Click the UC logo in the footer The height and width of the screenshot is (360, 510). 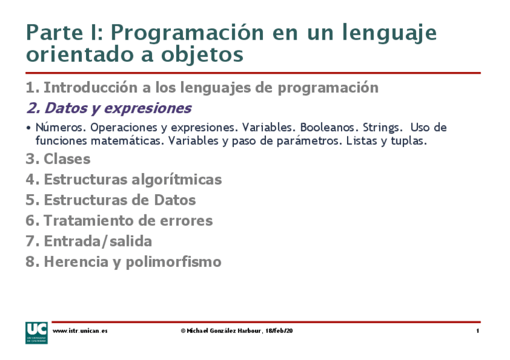pos(35,332)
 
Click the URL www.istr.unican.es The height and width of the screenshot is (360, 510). pos(80,331)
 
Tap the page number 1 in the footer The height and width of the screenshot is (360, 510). pos(477,331)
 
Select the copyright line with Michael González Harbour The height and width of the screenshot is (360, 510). pos(236,331)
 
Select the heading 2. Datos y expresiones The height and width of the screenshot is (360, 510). pos(108,108)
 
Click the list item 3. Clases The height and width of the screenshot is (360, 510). pos(58,159)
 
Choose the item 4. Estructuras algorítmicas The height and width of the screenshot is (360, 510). pos(123,180)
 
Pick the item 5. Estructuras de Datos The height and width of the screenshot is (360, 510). pos(111,200)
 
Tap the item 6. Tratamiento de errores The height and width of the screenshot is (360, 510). pos(119,221)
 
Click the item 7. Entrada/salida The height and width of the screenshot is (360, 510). pos(88,242)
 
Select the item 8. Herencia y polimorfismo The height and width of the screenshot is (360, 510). pos(123,262)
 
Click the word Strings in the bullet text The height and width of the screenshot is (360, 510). pos(381,128)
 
